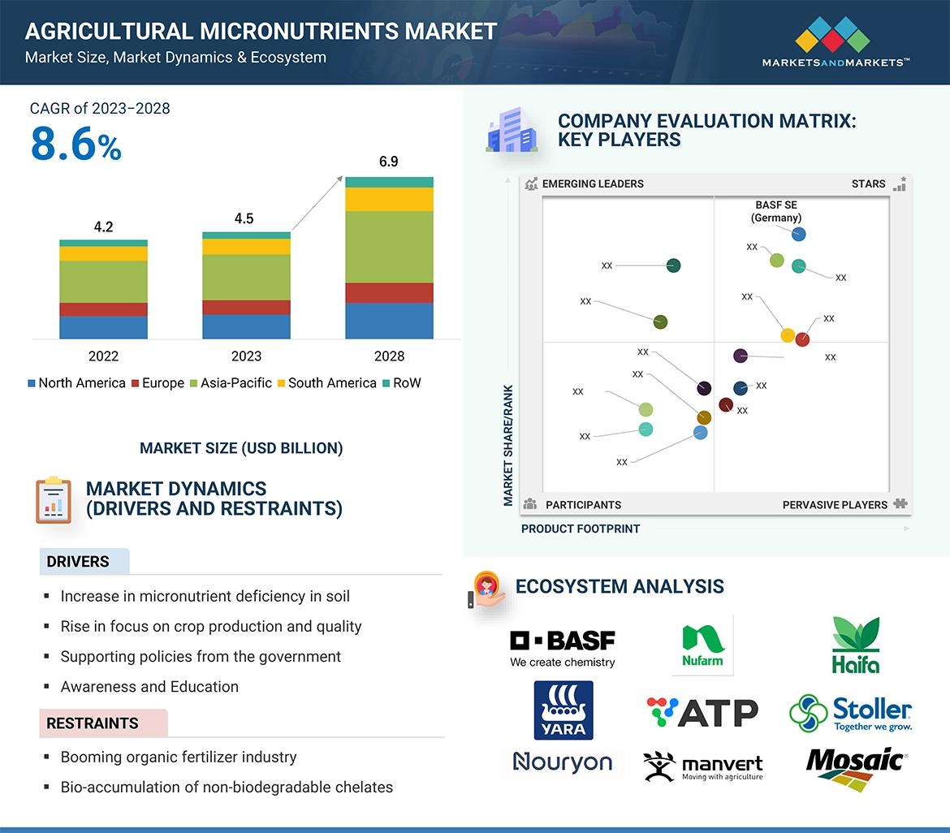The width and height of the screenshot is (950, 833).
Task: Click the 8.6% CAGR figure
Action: pos(76,145)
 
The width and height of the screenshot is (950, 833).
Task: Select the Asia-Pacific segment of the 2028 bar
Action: pos(389,247)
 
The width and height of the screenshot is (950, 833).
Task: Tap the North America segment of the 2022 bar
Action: pos(104,327)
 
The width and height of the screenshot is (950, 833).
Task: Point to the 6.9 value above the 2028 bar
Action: pos(389,161)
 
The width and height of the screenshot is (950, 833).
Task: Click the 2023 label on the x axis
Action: pos(246,356)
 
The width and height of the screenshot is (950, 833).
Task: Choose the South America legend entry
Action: pos(326,383)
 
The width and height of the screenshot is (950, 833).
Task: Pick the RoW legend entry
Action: pos(401,383)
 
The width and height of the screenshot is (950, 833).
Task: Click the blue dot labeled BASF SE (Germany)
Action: pos(798,234)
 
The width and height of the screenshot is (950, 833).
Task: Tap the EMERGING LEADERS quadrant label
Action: pos(593,183)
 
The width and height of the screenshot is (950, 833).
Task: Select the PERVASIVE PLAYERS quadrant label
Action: pos(835,505)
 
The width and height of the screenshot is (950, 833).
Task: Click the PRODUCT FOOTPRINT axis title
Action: pos(581,529)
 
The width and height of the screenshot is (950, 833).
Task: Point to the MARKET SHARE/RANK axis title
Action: pos(508,445)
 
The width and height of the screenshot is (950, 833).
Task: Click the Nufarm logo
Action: pos(703,645)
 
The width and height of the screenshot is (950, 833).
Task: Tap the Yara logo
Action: pos(564,710)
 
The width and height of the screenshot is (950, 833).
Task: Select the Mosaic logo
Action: pos(857,769)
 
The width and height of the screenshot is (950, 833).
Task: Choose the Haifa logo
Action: pos(856,645)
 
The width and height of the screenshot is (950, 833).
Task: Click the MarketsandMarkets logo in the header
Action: pos(836,42)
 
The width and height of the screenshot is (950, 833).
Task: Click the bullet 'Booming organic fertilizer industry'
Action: pos(179,757)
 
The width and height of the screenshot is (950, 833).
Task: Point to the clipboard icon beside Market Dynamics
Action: pos(54,500)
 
